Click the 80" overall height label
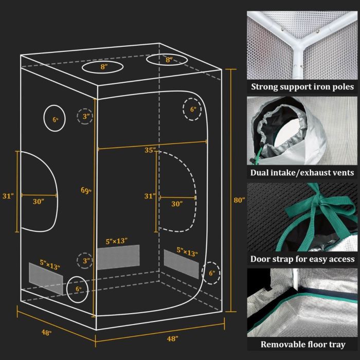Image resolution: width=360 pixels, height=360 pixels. tap(238, 199)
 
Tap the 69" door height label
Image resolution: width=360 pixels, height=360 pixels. tap(86, 191)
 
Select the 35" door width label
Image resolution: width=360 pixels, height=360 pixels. tap(150, 151)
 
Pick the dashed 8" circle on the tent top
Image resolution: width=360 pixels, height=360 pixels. tap(168, 60)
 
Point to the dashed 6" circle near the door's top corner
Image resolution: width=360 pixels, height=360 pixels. tap(193, 109)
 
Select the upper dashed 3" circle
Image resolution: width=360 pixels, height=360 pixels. tap(86, 116)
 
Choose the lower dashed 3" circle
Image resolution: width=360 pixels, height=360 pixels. tap(86, 261)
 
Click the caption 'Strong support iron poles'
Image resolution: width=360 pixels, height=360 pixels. tap(302, 86)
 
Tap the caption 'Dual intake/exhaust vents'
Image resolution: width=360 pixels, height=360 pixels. tap(302, 172)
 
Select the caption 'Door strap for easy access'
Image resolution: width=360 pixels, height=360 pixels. tap(302, 259)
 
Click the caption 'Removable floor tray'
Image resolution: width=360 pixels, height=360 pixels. tap(302, 345)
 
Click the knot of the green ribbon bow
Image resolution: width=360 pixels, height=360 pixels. tap(312, 202)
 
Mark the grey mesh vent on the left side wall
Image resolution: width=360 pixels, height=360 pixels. tap(46, 281)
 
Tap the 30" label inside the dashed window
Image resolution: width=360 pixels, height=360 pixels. tap(177, 204)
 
